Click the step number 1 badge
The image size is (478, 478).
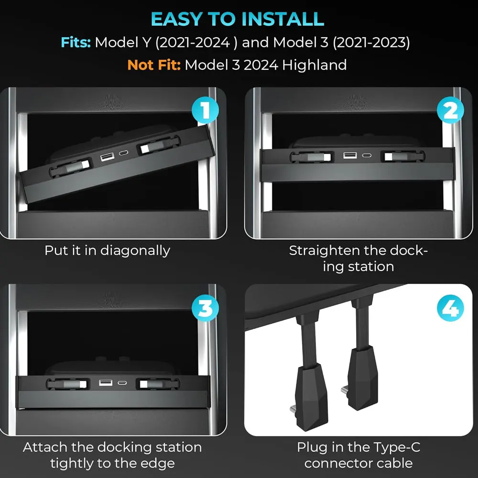coord(205,111)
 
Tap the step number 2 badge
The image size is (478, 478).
coord(450,111)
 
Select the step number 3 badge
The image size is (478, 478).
coord(205,309)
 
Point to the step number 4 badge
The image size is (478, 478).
coord(450,309)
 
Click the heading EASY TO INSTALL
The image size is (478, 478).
coord(238,19)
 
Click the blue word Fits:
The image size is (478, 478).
coord(76,42)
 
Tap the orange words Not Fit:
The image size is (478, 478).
coord(154,65)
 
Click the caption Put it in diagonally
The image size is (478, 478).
coord(107,250)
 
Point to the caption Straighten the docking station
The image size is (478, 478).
coord(358,258)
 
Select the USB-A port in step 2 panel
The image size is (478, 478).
coord(350,156)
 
